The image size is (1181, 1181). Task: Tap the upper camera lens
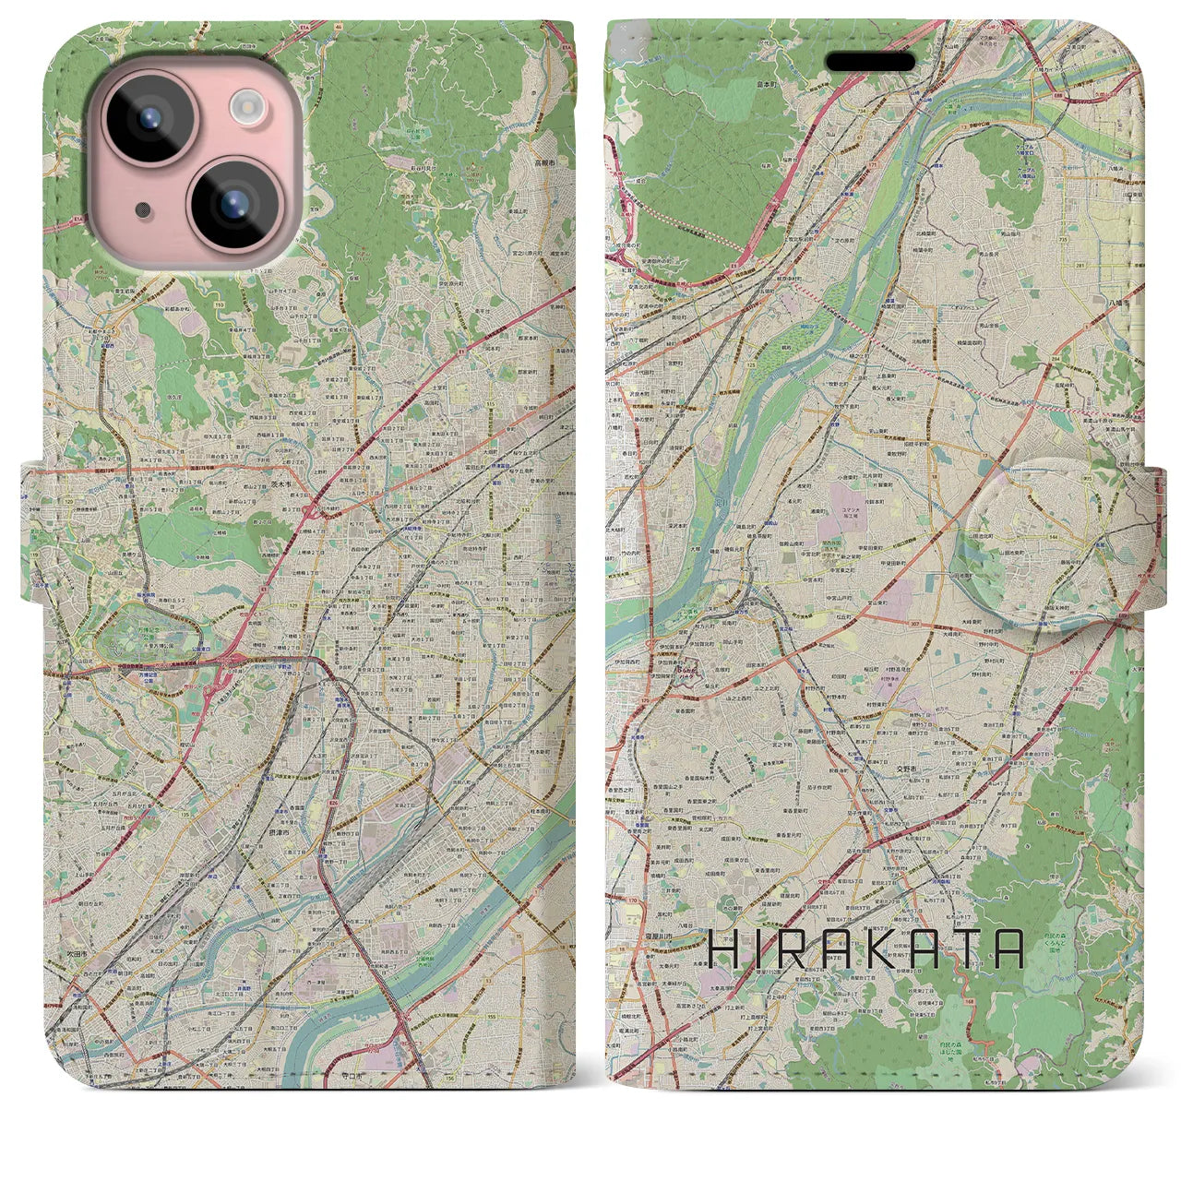pos(148,120)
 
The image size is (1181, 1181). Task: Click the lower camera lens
pos(232,204)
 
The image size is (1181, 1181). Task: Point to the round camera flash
pos(246,106)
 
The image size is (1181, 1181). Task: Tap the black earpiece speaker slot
pos(870,62)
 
